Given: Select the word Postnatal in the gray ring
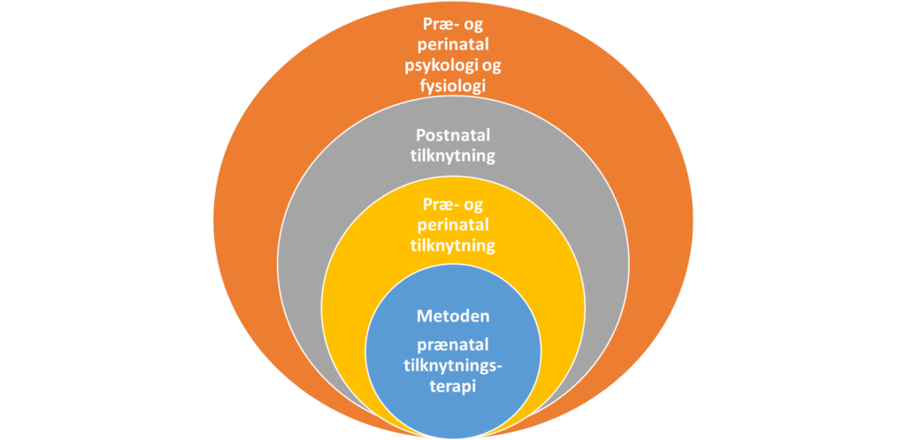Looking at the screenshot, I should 453,137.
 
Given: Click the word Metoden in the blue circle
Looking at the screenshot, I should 452,316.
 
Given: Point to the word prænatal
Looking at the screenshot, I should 452,343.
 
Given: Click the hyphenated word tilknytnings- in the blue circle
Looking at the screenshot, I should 452,363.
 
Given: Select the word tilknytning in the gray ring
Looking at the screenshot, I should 453,157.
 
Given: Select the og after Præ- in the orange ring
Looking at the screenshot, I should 477,27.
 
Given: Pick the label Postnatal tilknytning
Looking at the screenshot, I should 453,147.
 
